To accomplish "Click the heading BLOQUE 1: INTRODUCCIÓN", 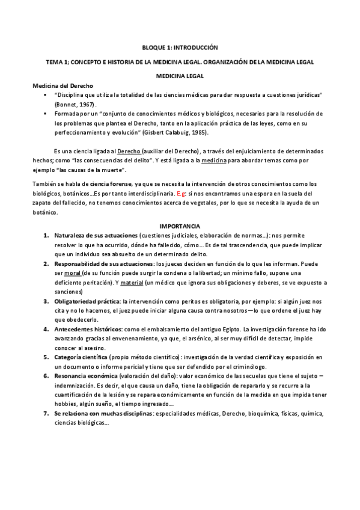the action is click(180, 47).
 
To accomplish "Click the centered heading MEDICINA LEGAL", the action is click(180, 76).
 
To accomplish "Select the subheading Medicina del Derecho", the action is click(62, 86).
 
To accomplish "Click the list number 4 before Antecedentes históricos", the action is click(46, 330).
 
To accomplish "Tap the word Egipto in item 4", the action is click(230, 330).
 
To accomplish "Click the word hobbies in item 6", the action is click(65, 405).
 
